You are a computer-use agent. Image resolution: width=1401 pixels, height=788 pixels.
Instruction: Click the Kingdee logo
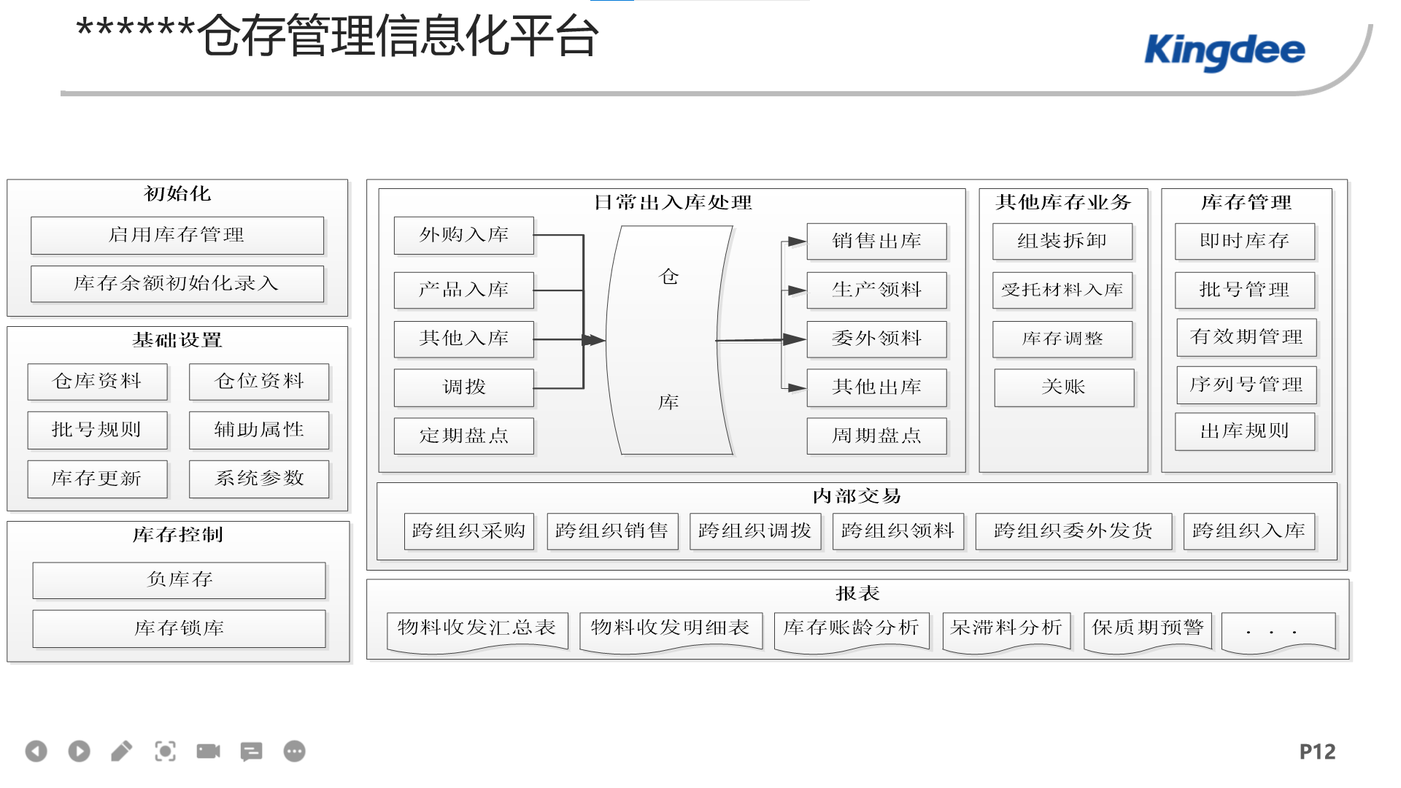[1224, 52]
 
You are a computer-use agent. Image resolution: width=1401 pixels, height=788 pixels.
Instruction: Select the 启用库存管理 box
[177, 235]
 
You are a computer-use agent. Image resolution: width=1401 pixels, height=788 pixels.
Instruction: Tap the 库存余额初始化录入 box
[177, 284]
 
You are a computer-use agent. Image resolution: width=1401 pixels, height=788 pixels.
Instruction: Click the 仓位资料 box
[259, 382]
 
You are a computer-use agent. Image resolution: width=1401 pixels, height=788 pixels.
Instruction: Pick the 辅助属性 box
[259, 430]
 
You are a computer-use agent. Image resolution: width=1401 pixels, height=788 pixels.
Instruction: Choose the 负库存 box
[180, 580]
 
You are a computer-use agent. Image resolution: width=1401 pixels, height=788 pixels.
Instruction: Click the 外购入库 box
[464, 235]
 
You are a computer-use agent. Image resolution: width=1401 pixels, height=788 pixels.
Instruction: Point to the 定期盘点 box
[464, 436]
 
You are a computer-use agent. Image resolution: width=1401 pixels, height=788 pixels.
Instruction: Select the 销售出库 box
[877, 242]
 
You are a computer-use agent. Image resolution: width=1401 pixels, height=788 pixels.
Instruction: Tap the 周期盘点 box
[877, 436]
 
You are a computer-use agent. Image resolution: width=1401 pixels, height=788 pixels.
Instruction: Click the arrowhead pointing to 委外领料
[795, 339]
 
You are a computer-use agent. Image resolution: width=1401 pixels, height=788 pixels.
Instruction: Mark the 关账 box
[1065, 387]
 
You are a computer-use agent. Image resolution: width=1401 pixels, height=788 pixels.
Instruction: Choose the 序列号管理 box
[1247, 385]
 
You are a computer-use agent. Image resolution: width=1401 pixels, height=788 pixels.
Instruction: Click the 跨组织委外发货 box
[1074, 531]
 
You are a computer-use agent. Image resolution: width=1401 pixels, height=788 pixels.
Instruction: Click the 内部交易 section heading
[857, 496]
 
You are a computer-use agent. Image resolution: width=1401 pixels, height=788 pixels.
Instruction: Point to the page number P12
[1318, 752]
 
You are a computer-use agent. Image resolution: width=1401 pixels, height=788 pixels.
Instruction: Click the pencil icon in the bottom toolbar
[122, 752]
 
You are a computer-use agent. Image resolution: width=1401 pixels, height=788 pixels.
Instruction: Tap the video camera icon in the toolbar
[208, 752]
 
